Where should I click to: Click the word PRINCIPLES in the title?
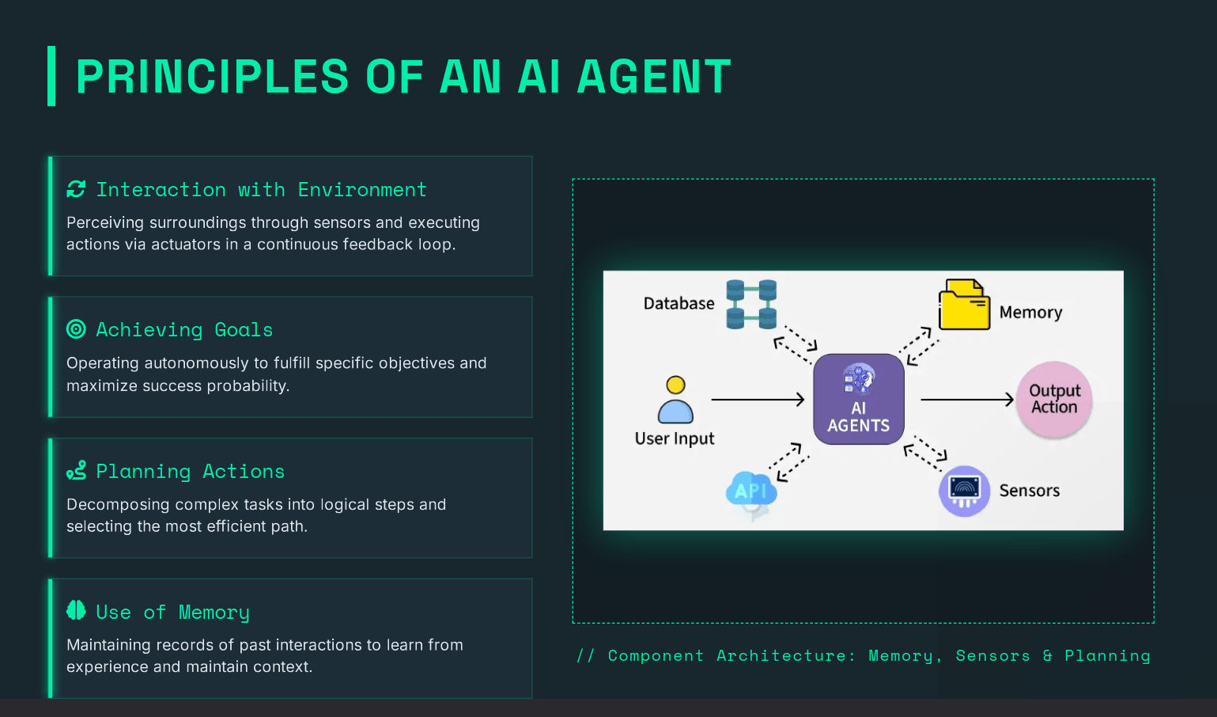(x=212, y=77)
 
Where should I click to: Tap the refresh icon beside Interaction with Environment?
(x=76, y=189)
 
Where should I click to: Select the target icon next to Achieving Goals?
(x=76, y=329)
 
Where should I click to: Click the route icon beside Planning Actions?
(x=76, y=471)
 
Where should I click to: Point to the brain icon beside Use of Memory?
(x=76, y=610)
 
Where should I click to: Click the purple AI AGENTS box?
(x=858, y=399)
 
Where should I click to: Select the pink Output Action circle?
(x=1054, y=399)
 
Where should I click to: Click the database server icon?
(x=751, y=304)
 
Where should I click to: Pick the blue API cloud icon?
(x=751, y=491)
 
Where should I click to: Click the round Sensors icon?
(x=964, y=491)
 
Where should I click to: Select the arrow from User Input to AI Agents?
(x=758, y=400)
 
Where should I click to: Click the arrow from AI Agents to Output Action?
(x=966, y=400)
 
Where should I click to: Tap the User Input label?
(x=675, y=438)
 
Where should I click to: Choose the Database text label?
(x=678, y=303)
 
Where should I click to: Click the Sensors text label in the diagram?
(x=1029, y=491)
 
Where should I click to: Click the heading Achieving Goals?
(x=184, y=329)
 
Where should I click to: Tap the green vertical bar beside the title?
(x=51, y=76)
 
